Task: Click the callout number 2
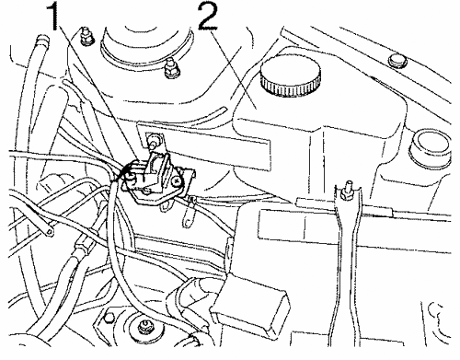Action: point(209,15)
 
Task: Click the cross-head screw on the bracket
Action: point(177,181)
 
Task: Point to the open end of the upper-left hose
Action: point(42,39)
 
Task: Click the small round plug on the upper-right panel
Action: point(397,61)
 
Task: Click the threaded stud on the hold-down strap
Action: point(347,191)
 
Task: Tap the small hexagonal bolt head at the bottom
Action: point(109,318)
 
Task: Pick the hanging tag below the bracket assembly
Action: point(190,213)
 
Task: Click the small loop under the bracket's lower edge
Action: point(167,206)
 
